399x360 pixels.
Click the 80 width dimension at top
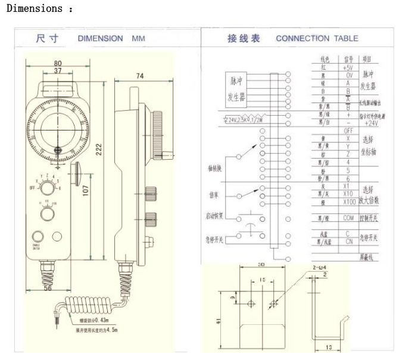(x=57, y=63)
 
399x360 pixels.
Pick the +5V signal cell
(x=348, y=68)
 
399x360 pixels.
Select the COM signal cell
(x=348, y=218)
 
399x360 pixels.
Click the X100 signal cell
(x=349, y=201)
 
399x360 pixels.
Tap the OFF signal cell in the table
(x=348, y=130)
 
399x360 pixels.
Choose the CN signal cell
(x=348, y=242)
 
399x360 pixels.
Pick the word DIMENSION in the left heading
(x=100, y=39)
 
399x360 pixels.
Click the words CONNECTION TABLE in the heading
(x=317, y=39)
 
